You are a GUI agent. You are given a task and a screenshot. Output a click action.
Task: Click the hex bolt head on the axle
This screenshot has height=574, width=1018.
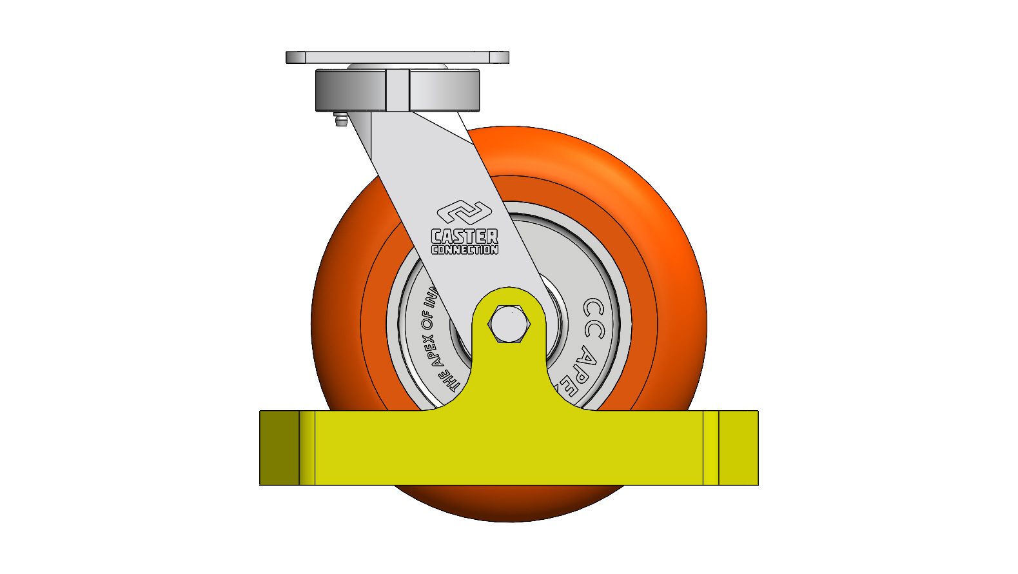tap(509, 324)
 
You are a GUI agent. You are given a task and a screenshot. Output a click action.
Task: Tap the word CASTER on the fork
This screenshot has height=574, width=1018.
tap(464, 236)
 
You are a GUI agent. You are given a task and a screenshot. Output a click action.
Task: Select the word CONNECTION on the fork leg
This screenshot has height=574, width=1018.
tap(464, 250)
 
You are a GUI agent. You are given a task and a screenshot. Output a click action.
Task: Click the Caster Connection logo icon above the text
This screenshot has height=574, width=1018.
tap(464, 213)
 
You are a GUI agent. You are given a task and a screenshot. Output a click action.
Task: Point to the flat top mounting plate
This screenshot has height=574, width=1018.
tap(397, 57)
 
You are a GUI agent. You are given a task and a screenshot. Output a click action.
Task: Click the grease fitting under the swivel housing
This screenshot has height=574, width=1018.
tap(340, 120)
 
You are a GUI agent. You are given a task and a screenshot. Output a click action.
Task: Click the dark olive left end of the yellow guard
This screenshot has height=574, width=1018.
tap(279, 448)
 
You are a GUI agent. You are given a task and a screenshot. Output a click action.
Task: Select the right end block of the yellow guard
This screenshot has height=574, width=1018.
tap(738, 448)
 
